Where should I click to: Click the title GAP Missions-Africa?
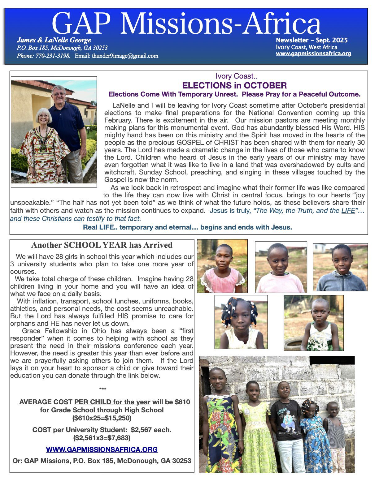point(186,24)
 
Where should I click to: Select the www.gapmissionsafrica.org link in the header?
point(313,54)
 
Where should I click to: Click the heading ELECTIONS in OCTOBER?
point(234,85)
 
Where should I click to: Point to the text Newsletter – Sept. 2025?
point(311,40)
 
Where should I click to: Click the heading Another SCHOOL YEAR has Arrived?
point(102,245)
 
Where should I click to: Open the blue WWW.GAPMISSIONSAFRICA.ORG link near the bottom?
point(102,449)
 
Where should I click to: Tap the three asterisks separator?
point(103,389)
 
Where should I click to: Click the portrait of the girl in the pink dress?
point(222,266)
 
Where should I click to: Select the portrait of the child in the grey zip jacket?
point(340,267)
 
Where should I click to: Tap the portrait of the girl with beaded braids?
point(241,322)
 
